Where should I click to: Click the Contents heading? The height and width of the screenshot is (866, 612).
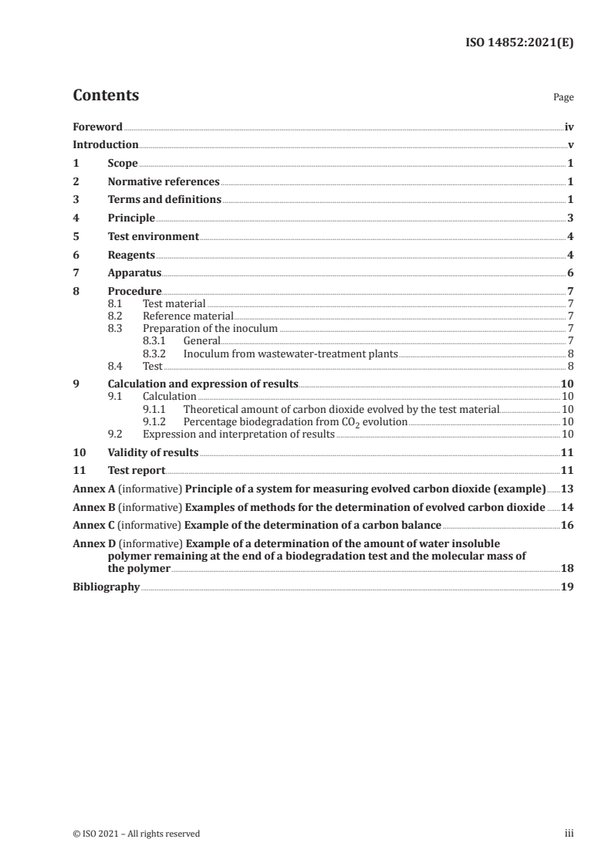(106, 96)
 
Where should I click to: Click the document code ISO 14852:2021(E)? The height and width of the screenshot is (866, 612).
(519, 44)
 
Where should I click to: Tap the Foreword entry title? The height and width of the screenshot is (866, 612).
(97, 127)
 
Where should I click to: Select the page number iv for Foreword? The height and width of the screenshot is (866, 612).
(569, 127)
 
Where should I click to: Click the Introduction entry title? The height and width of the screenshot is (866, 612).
(106, 145)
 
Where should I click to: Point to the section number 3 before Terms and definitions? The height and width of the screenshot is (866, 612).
(76, 200)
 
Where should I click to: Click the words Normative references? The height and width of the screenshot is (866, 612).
(164, 182)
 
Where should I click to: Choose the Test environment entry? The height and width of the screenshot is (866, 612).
(154, 236)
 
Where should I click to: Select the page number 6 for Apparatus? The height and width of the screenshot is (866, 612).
(570, 273)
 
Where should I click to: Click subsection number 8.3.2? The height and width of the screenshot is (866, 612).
(157, 354)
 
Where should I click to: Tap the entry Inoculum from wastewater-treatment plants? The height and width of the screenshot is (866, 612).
(290, 354)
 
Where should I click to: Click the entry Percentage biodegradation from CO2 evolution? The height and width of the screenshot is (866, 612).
(295, 422)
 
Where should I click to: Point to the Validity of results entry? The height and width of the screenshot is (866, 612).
(153, 452)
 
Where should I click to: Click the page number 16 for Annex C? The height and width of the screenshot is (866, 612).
(567, 526)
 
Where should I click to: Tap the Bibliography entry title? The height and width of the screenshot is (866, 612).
(106, 587)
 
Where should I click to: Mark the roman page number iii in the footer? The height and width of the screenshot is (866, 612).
(570, 834)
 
